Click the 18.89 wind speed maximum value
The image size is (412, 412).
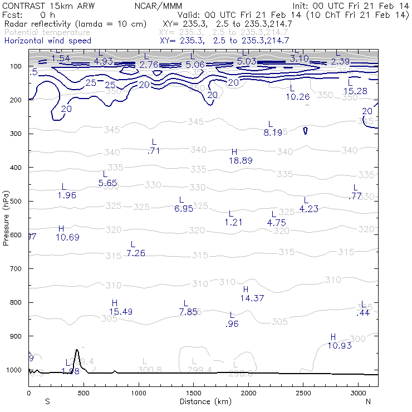click(241, 160)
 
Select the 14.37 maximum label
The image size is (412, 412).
click(252, 298)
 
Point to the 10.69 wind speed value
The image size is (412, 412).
click(67, 237)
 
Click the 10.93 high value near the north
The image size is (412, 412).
click(339, 346)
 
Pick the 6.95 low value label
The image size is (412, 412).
click(183, 209)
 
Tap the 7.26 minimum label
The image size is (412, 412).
click(136, 253)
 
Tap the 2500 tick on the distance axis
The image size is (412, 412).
click(303, 393)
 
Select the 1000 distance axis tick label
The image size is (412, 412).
click(139, 393)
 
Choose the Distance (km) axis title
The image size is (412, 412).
click(203, 401)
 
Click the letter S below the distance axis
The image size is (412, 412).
click(47, 401)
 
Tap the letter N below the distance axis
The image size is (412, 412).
click(369, 401)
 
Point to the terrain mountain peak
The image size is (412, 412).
click(77, 350)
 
